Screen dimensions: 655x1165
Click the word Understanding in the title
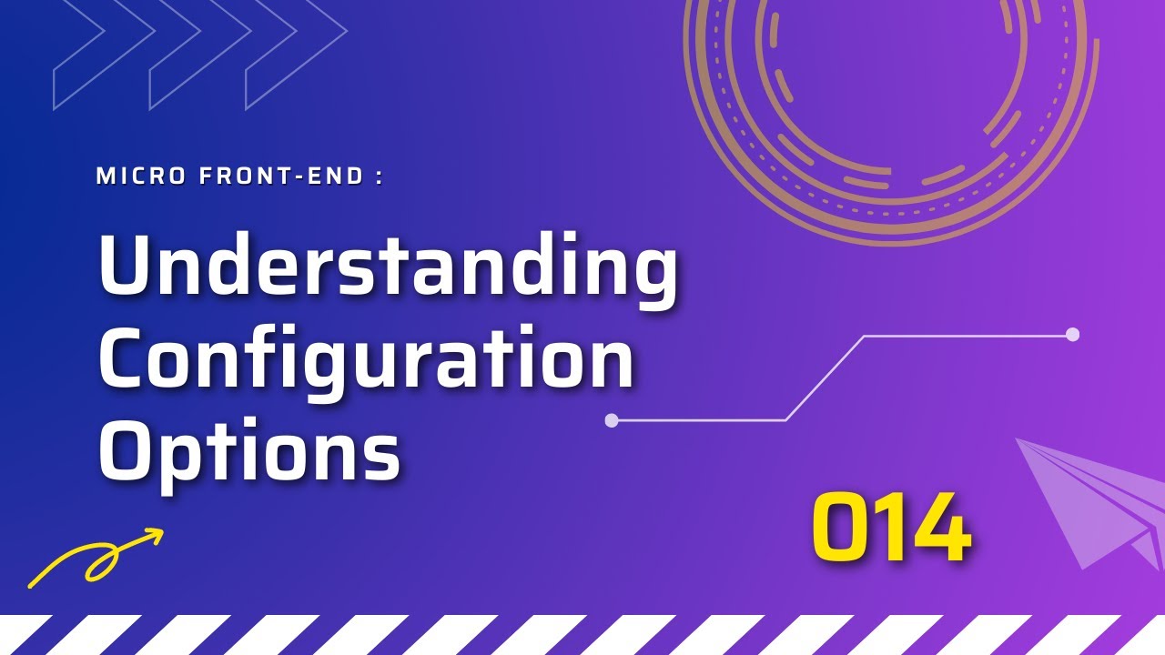[x=388, y=266]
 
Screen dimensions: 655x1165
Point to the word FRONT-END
[x=282, y=176]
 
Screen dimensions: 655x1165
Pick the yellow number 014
[x=890, y=527]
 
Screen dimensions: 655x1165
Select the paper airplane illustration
[x=1092, y=500]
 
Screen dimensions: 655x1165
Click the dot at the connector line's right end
[x=1072, y=335]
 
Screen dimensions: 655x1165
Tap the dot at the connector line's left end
[x=612, y=420]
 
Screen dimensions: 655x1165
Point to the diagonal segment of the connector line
[x=825, y=378]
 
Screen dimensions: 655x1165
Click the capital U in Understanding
[x=127, y=266]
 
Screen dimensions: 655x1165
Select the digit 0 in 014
[x=837, y=527]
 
